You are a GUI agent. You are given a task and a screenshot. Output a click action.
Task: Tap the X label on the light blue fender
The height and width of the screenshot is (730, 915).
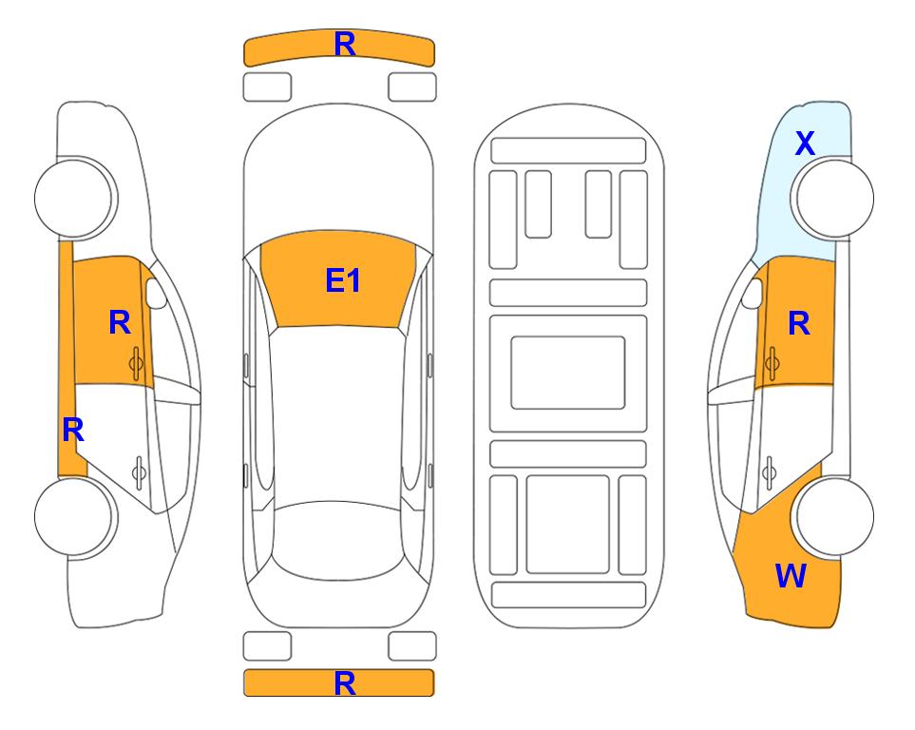(805, 144)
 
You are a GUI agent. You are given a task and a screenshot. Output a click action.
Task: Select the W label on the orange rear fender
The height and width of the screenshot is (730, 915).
(791, 575)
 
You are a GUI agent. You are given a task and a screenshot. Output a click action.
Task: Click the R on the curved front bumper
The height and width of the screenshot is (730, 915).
(345, 45)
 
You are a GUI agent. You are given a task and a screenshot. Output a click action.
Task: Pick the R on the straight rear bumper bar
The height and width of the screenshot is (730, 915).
(345, 683)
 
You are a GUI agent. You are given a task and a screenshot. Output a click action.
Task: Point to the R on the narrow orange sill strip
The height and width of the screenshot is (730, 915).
(73, 431)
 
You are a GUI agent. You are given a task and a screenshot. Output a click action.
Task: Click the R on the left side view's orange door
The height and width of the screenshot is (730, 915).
(120, 322)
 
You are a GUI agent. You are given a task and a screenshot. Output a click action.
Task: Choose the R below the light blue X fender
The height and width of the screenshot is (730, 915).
(799, 323)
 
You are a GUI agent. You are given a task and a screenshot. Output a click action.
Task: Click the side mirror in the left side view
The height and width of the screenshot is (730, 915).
(156, 293)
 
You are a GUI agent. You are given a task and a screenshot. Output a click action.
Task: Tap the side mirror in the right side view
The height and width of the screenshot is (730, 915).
(753, 293)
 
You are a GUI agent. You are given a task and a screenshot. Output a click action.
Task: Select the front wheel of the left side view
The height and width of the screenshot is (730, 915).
(74, 198)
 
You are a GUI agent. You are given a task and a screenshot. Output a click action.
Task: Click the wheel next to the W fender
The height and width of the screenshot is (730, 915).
(835, 516)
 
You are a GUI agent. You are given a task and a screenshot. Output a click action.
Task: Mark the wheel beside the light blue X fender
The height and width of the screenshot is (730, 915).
(835, 198)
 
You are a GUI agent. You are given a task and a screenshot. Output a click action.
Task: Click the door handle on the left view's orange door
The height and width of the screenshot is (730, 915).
(137, 363)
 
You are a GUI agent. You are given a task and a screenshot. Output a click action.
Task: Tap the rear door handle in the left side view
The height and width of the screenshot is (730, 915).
(139, 472)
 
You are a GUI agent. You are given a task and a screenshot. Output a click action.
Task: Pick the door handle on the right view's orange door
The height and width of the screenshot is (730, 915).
(772, 363)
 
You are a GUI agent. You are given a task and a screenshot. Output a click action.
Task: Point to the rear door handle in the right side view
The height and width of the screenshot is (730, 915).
(769, 472)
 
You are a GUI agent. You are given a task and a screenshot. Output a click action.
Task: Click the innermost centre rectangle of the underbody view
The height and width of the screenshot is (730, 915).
(568, 373)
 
